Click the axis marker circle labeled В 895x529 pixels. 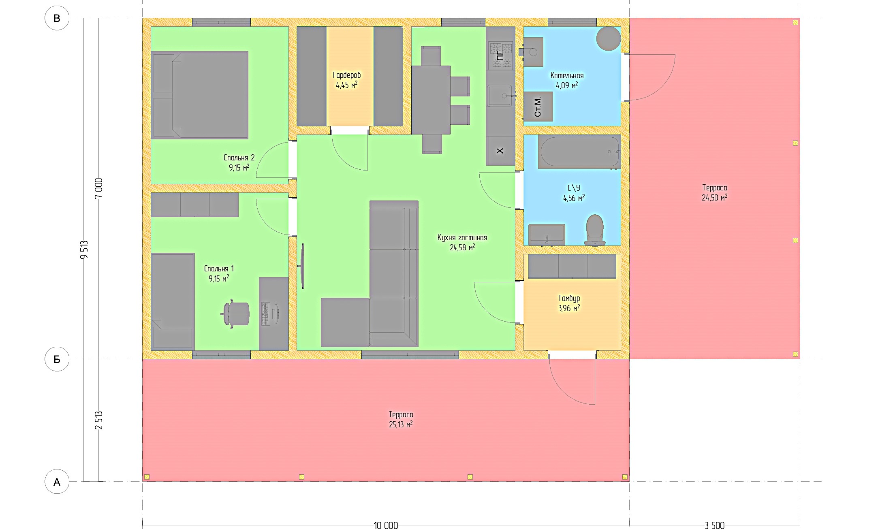click(57, 18)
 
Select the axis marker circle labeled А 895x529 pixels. click(57, 482)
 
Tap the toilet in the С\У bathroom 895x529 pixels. click(595, 230)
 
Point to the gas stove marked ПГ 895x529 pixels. click(501, 55)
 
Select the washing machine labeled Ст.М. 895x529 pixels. click(538, 106)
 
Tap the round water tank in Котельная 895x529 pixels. click(609, 38)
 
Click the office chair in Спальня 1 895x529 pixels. click(236, 314)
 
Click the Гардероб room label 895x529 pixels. click(347, 75)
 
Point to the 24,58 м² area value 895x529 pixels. click(462, 247)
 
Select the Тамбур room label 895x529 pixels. click(569, 299)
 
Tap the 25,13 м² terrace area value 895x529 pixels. click(401, 424)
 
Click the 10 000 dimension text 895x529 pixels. click(386, 525)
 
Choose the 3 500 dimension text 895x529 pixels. click(714, 525)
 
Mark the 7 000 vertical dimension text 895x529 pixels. click(99, 188)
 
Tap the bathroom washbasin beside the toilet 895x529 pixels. click(547, 235)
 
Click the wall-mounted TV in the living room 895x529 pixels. click(302, 266)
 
